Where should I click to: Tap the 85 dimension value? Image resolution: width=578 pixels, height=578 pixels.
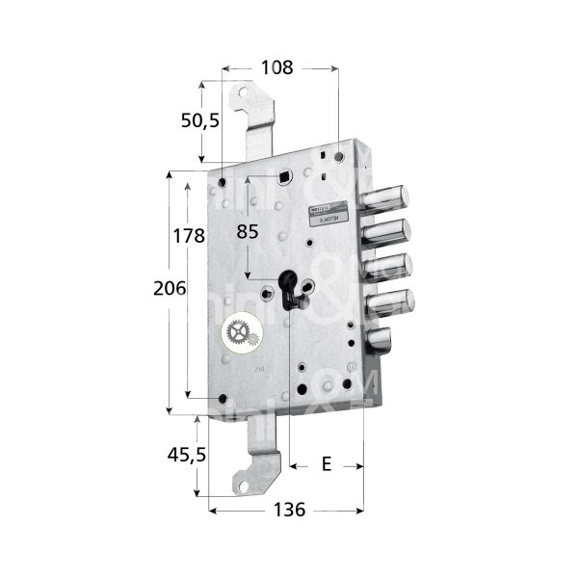248,231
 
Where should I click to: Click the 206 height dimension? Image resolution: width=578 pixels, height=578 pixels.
170,289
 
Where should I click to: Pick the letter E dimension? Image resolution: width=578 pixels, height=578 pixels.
326,465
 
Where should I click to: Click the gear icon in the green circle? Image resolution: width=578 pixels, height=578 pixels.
238,334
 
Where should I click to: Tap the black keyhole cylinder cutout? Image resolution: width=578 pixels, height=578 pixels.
288,291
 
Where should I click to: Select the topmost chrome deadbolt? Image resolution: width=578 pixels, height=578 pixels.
387,197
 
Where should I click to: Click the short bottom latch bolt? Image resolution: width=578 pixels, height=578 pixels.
381,341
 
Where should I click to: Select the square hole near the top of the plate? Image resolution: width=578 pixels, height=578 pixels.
284,176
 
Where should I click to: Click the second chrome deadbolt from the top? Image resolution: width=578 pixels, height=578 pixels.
387,233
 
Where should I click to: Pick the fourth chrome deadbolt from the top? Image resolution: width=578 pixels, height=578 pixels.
390,302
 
